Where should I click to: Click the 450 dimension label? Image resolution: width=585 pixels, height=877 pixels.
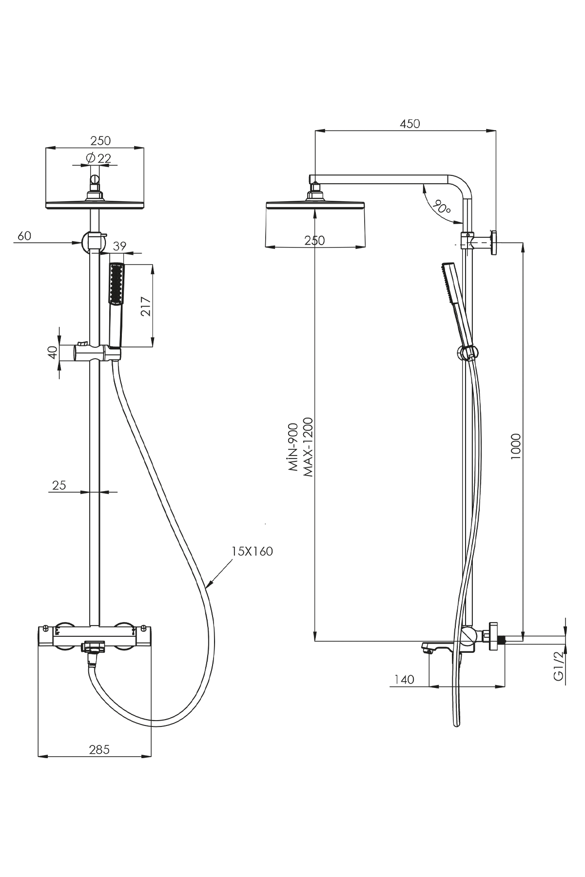(x=409, y=124)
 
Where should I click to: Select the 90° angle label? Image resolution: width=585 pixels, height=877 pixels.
(x=442, y=207)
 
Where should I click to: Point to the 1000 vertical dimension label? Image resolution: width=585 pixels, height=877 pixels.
(x=517, y=445)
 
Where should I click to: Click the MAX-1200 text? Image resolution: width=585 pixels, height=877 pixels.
(x=308, y=446)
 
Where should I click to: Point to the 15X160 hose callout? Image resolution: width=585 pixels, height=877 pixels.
(x=252, y=552)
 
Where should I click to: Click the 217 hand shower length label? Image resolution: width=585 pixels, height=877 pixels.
(x=146, y=306)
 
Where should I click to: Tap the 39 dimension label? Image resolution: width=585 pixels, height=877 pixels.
(x=119, y=247)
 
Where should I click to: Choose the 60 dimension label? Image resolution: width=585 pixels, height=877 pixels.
(x=24, y=236)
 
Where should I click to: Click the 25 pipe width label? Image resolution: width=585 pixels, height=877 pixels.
(x=59, y=485)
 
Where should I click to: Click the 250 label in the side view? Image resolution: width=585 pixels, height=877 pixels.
(x=314, y=240)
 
